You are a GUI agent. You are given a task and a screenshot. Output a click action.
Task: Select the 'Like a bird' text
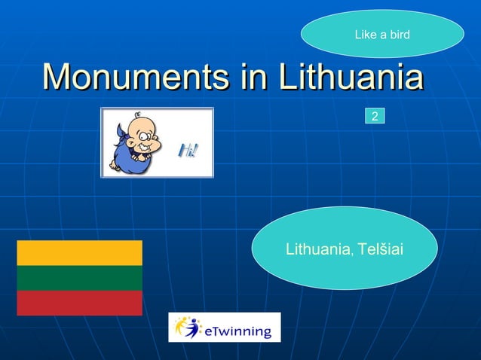pyautogui.click(x=382, y=34)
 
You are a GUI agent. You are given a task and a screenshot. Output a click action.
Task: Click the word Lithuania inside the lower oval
pyautogui.click(x=317, y=248)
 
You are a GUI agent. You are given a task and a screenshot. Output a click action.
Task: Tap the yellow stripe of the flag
pyautogui.click(x=79, y=253)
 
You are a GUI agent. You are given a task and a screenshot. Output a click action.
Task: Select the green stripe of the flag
pyautogui.click(x=79, y=278)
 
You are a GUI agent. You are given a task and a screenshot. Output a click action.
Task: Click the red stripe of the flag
pyautogui.click(x=79, y=303)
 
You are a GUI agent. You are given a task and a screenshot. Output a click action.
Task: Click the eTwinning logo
pyautogui.click(x=224, y=328)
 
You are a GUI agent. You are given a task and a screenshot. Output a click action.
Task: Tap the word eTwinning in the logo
pyautogui.click(x=239, y=329)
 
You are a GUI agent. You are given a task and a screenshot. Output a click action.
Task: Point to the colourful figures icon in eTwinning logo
pyautogui.click(x=187, y=327)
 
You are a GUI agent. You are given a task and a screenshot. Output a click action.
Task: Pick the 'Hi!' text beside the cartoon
pyautogui.click(x=187, y=151)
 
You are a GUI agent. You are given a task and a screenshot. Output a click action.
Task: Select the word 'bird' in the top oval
pyautogui.click(x=399, y=34)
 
